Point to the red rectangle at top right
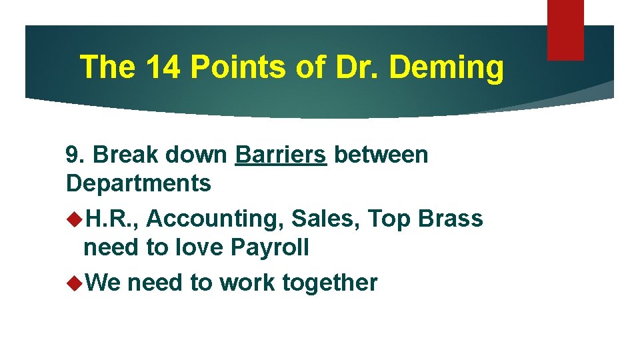tap(565, 30)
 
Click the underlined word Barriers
tap(281, 155)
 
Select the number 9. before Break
tap(76, 155)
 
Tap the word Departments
tap(139, 183)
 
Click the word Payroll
tap(269, 247)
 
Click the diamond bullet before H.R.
tap(74, 218)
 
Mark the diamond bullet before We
tap(74, 283)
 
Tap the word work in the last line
tap(247, 283)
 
